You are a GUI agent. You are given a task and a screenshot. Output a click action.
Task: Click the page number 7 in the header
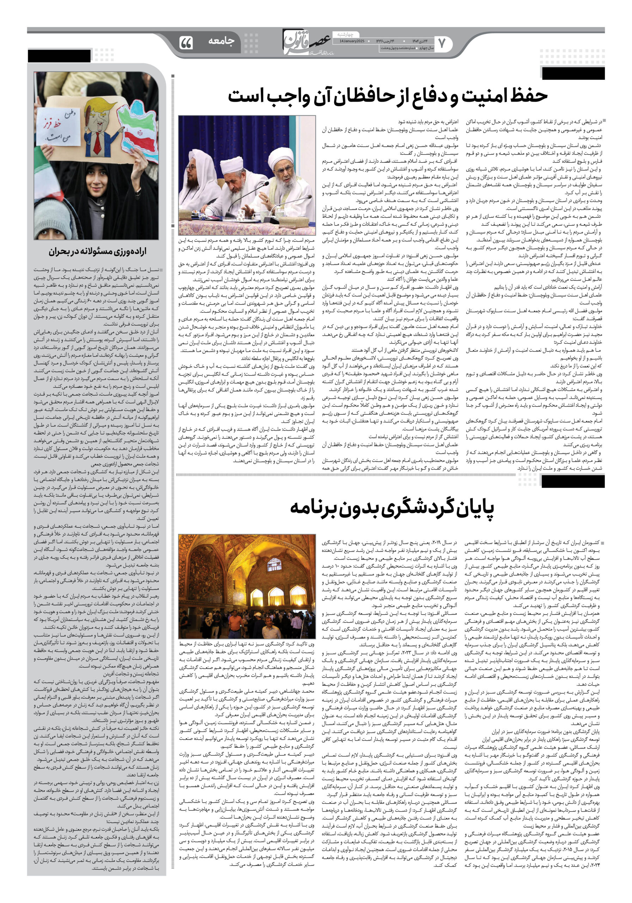point(442,44)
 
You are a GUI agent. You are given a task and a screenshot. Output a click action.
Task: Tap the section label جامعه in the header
point(221,41)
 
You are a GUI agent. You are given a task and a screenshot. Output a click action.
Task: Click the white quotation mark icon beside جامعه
point(186,43)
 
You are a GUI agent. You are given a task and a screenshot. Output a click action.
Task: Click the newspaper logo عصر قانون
point(307,42)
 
